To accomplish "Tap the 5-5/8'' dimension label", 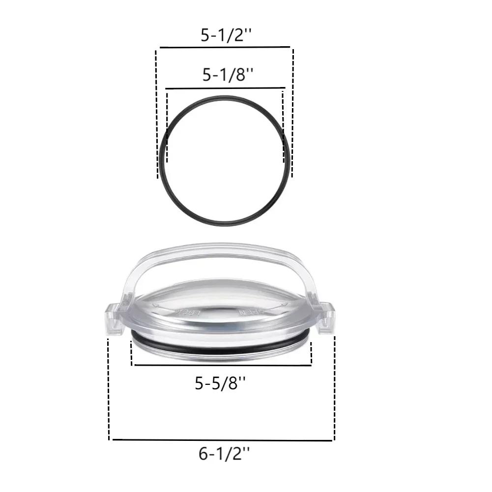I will pos(220,383).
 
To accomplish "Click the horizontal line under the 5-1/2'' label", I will pos(224,48).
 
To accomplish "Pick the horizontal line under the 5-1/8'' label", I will pos(225,89).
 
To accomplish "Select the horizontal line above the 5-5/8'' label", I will pos(222,365).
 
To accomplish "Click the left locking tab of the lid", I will pos(115,319).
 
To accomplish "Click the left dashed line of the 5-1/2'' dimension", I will pos(157,113).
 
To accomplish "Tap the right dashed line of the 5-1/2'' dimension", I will pos(292,113).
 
